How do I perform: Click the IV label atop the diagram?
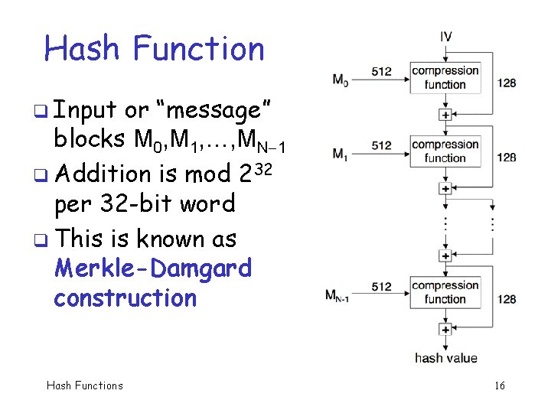445,36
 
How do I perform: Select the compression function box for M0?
445,77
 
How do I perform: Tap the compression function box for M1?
445,151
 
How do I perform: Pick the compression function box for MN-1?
445,292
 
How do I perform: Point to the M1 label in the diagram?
340,153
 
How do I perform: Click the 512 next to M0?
382,72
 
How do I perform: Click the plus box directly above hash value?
445,330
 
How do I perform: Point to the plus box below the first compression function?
445,114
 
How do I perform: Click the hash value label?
445,357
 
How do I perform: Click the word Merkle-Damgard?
153,268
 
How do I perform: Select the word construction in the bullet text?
125,298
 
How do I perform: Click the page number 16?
499,385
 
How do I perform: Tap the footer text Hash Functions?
84,385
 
